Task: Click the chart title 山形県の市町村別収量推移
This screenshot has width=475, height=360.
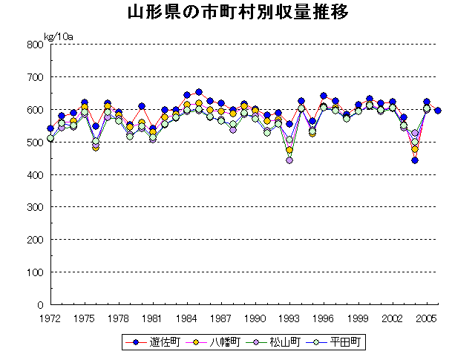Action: coord(237,13)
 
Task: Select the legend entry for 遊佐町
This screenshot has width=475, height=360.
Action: coord(154,343)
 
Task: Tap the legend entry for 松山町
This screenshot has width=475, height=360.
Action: coord(278,343)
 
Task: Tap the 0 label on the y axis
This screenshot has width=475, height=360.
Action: coord(40,305)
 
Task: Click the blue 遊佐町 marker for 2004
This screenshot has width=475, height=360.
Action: coord(415,160)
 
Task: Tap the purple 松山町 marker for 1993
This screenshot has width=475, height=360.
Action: coord(289,160)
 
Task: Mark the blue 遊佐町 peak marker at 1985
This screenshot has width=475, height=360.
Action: coord(198,93)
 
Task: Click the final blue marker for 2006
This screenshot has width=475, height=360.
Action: coord(438,111)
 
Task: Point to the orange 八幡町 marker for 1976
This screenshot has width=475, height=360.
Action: coord(96,147)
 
